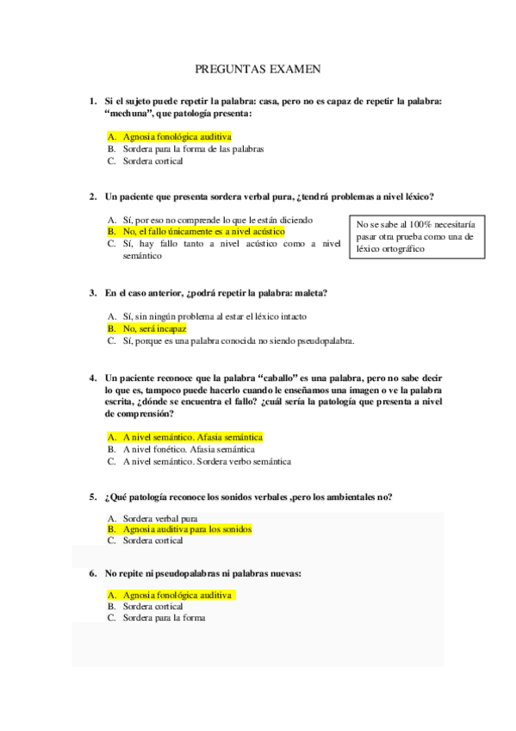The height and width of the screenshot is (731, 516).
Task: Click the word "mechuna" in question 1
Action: point(130,114)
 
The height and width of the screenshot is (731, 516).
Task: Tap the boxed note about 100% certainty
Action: point(414,236)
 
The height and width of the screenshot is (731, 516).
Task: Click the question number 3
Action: point(92,293)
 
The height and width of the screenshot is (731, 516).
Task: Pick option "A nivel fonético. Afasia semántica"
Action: point(189,449)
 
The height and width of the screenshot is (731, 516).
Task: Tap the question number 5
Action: point(92,497)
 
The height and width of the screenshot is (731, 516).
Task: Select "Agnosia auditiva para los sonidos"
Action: point(187,529)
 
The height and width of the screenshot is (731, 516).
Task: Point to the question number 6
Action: point(92,572)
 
